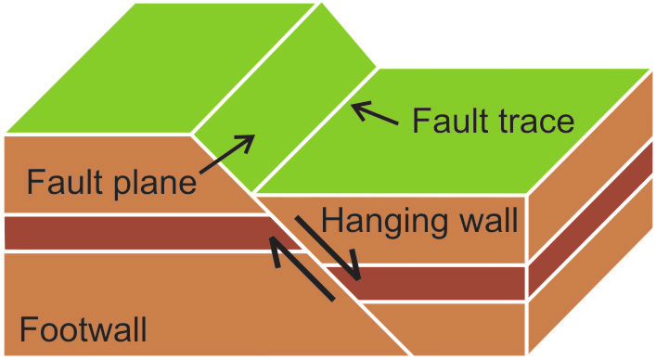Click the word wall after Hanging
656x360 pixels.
click(x=482, y=221)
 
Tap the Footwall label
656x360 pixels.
click(x=83, y=328)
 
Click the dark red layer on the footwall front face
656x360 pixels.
click(x=130, y=233)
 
